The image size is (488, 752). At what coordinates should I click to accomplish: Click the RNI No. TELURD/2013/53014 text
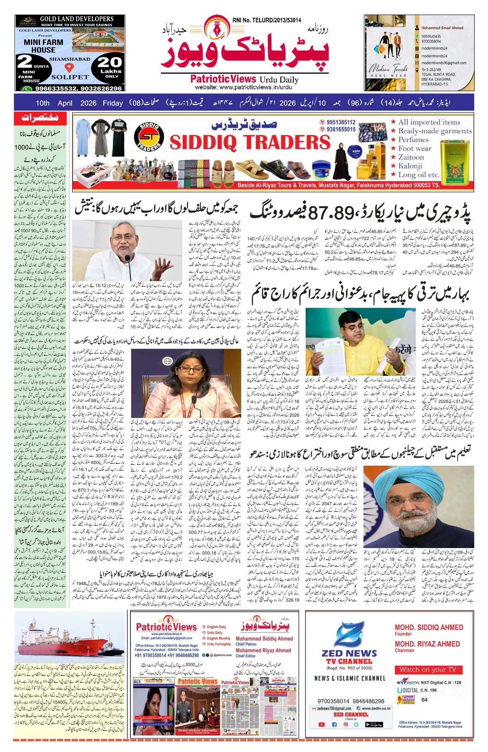click(x=266, y=21)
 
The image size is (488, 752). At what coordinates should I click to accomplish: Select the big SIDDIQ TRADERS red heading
click(x=250, y=142)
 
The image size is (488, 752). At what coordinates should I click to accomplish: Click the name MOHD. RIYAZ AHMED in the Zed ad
click(x=427, y=644)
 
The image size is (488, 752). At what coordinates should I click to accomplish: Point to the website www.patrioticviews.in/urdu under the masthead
click(x=243, y=87)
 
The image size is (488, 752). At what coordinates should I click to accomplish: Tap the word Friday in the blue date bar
click(x=112, y=103)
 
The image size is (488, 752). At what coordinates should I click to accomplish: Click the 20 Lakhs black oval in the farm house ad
click(x=110, y=66)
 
